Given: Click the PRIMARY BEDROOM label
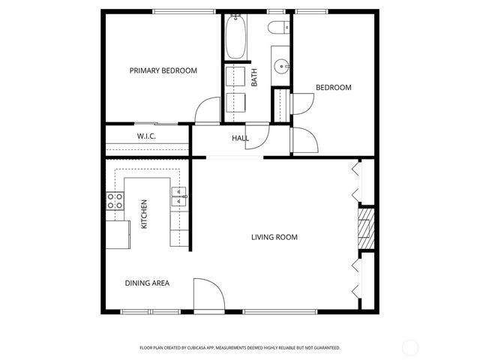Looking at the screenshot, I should [x=163, y=70].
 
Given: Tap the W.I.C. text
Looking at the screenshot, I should [x=145, y=136].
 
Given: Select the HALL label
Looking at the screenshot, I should [x=240, y=138].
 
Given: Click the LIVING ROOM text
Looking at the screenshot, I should [x=274, y=237].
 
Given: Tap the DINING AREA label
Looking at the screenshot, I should [x=146, y=283].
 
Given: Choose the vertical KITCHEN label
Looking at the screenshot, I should [x=144, y=214].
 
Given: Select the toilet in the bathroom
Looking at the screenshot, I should [x=278, y=28].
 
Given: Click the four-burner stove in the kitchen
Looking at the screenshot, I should [x=115, y=201].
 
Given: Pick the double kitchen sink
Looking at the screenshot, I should [x=180, y=198].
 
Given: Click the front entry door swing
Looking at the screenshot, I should [x=206, y=294].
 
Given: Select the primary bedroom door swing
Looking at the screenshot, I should [x=208, y=111].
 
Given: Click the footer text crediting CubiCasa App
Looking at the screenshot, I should [x=240, y=347].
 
